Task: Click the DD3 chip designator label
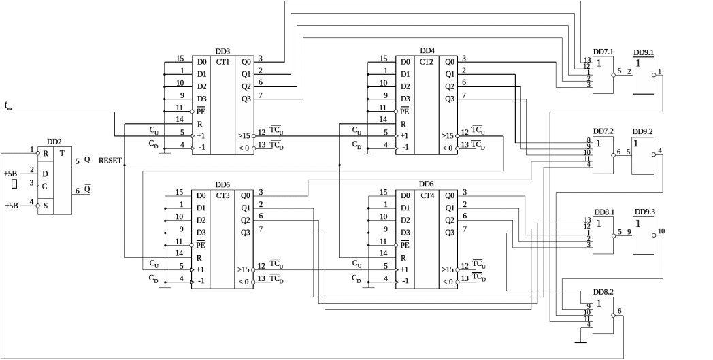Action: (x=222, y=52)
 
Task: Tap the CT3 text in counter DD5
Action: (x=222, y=195)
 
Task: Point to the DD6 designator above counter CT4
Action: (x=426, y=185)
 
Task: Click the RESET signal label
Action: (x=111, y=161)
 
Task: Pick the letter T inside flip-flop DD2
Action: (x=63, y=153)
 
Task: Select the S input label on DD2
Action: (x=45, y=205)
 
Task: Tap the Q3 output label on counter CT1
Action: (x=246, y=99)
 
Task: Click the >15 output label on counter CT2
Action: (x=448, y=135)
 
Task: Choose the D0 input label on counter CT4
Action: (x=405, y=195)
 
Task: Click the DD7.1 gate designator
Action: (x=603, y=52)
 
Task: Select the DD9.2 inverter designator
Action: (x=643, y=131)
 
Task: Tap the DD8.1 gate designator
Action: (x=603, y=212)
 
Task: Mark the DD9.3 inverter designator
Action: (x=644, y=212)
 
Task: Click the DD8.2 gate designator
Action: (x=603, y=292)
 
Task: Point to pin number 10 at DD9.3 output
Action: (x=661, y=231)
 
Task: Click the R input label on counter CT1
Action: (x=200, y=124)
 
